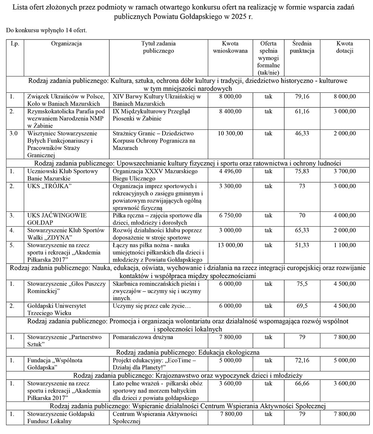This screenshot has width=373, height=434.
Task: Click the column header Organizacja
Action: pos(66,44)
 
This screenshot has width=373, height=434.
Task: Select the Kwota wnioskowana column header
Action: pos(230,47)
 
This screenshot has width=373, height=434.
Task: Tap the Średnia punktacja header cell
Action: pos(302,47)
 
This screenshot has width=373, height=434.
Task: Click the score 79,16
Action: pos(302,97)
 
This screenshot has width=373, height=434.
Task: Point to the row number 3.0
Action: pos(15,133)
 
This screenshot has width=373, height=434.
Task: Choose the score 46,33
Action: pos(302,133)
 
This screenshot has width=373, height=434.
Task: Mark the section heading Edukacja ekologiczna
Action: pos(188,352)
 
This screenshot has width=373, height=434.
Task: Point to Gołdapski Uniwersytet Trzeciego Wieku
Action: pos(57,309)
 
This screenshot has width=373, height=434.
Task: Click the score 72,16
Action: pos(302,360)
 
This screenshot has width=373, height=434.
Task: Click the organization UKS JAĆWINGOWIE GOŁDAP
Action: pos(57,219)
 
